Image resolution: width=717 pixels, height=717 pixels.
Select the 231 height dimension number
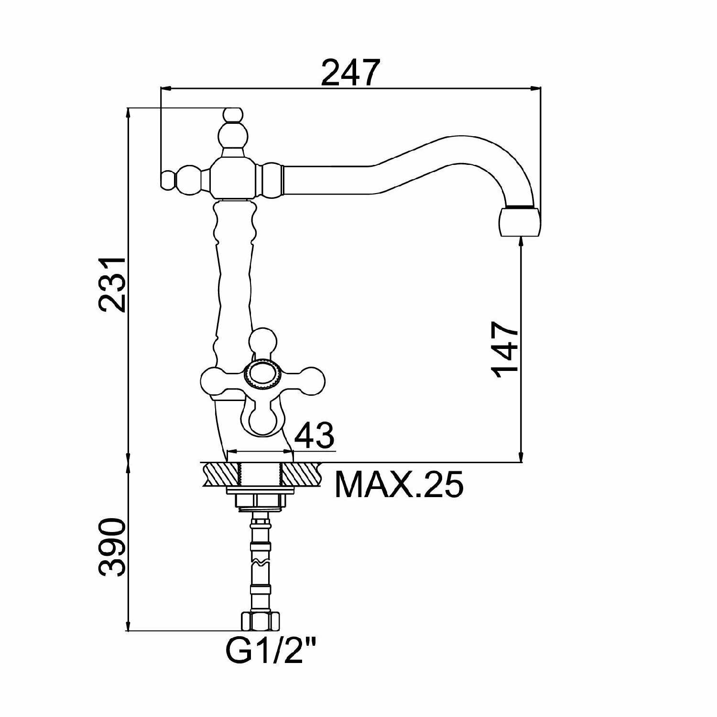pos(112,285)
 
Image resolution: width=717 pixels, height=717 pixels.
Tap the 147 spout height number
pos(505,349)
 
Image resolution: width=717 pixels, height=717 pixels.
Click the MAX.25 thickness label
pos(399,485)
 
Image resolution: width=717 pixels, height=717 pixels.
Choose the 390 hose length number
pos(112,546)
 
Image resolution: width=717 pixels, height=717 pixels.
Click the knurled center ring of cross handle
pos(261,373)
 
